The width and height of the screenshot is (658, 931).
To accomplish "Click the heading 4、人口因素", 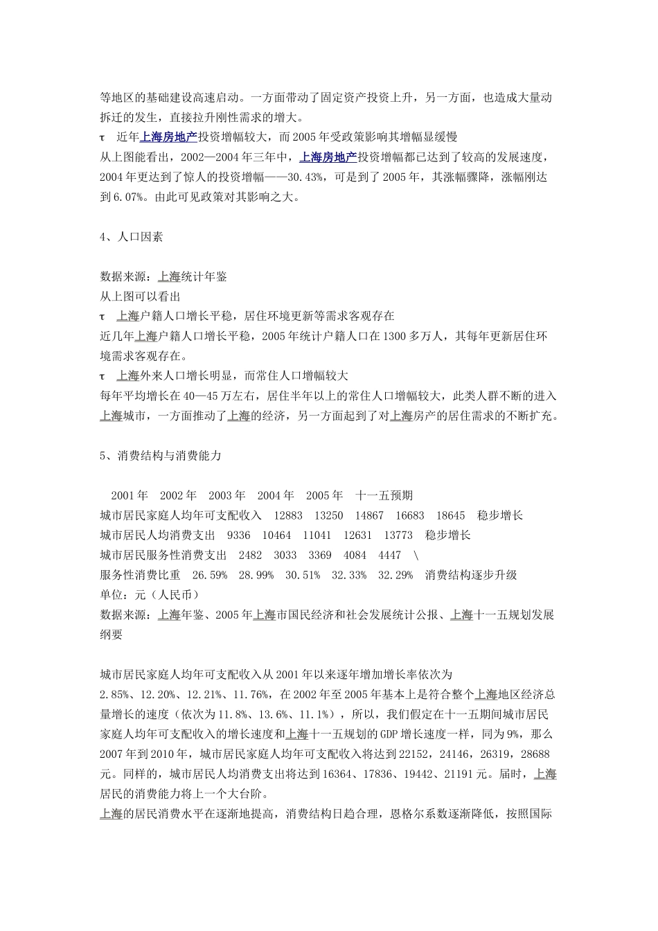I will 132,237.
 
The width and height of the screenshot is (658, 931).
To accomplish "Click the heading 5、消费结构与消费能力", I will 161,456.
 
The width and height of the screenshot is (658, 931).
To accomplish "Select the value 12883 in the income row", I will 288,515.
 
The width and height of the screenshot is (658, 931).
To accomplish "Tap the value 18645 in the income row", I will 450,515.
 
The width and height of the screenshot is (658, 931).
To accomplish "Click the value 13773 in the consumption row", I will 398,535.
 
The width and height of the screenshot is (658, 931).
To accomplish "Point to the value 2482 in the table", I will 250,556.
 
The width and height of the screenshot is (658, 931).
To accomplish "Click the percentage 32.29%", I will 395,575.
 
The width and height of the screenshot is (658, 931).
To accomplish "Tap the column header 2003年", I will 227,495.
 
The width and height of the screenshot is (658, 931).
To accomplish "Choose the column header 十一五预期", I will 384,495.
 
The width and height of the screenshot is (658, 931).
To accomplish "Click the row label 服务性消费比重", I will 141,575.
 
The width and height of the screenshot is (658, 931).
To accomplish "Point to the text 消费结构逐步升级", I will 471,575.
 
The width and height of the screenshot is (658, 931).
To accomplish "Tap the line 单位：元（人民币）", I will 150,595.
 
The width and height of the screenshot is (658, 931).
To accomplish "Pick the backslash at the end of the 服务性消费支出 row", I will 416,556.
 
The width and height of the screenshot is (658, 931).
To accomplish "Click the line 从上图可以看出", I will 141,296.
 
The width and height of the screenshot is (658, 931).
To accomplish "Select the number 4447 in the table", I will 389,556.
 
